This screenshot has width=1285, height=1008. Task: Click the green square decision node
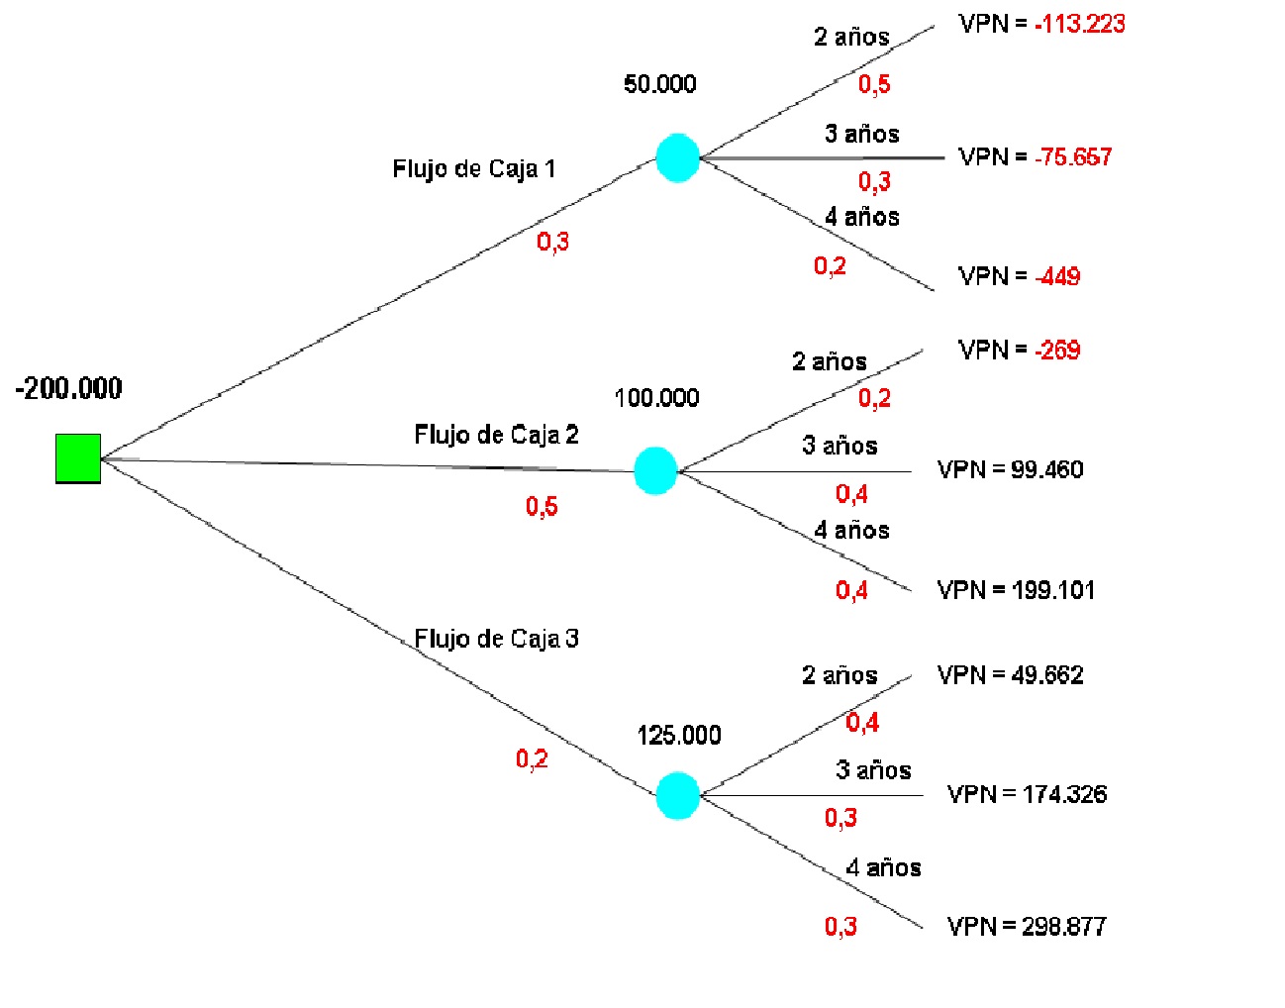coord(78,458)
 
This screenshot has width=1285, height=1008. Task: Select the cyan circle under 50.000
coord(678,158)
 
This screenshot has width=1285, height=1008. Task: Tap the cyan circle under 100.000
coord(655,470)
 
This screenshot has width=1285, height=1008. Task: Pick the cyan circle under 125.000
coord(678,795)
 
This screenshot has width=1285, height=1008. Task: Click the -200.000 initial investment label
coord(69,388)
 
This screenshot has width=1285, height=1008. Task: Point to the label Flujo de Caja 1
coord(474,168)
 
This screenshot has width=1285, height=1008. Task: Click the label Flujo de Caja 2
coord(496,435)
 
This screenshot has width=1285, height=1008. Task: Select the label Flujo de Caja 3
coord(496,639)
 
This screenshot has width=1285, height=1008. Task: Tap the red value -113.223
coord(1079,24)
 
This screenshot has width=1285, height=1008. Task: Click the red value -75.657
coord(1073,156)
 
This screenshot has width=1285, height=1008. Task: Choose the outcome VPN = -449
coord(1019,276)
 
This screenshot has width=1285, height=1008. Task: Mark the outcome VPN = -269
coord(1019,350)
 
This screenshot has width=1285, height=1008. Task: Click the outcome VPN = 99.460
coord(1010,469)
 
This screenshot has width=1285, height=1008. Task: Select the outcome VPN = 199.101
coord(1016,590)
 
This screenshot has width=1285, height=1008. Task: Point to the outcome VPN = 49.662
coord(1010,675)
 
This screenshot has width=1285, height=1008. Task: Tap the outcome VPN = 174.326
coord(1027,794)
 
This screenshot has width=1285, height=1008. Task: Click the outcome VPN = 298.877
coord(1027,927)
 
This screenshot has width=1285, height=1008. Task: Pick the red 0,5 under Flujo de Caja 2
coord(542,507)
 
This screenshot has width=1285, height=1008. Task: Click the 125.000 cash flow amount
coord(679,735)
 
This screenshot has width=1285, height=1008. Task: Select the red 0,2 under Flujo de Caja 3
coord(532,759)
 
